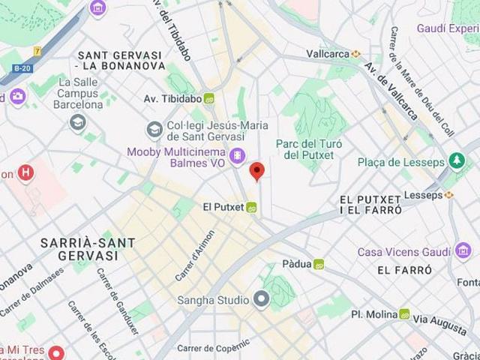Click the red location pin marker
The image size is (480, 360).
257,171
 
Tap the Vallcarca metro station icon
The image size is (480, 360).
355,53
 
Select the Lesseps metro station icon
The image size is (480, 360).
449,194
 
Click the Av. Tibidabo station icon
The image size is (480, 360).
208,98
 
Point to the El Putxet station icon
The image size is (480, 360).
252,207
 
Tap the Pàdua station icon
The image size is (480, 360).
319,264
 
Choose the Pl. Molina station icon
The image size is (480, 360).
404,314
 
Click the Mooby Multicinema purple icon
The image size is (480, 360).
238,156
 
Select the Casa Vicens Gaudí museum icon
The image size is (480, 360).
463,250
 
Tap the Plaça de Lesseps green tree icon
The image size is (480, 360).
456,161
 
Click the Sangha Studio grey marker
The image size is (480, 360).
261,300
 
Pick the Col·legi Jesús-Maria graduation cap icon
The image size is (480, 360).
154,130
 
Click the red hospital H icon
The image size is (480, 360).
26,173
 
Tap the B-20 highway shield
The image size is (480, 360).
22,68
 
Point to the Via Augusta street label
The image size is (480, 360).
441,319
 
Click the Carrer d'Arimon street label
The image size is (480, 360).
195,256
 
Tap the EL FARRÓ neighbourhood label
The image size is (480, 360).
404,269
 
